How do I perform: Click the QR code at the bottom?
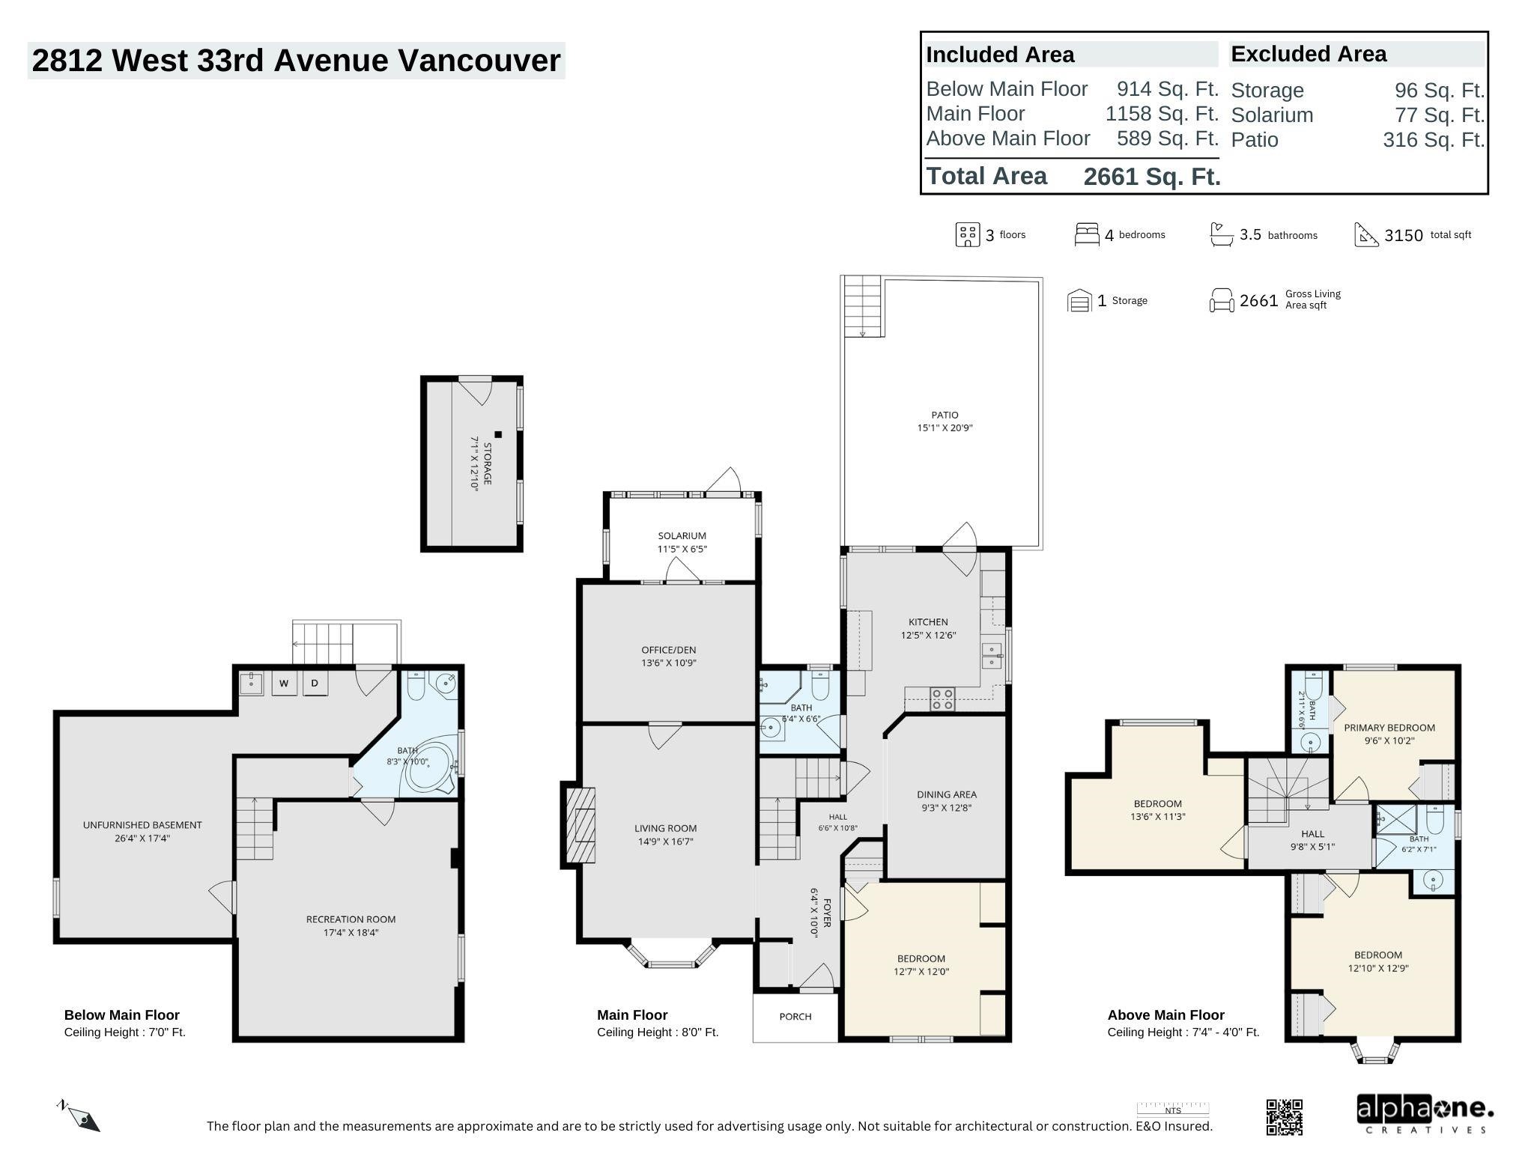[x=1284, y=1117]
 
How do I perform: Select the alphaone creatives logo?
[x=1425, y=1114]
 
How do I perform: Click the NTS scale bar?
[x=1173, y=1110]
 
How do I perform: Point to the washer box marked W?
[x=284, y=684]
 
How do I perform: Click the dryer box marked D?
[x=315, y=684]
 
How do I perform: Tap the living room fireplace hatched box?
[x=580, y=824]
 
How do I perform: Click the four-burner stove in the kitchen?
[x=942, y=699]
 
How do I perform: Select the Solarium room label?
[x=682, y=536]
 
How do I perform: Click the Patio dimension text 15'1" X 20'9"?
[x=945, y=428]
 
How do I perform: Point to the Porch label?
[x=795, y=1017]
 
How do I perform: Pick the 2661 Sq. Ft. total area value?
[x=1152, y=177]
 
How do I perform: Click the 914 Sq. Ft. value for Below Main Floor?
[x=1168, y=89]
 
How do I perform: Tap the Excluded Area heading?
[x=1309, y=54]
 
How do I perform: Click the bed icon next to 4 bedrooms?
[x=1087, y=234]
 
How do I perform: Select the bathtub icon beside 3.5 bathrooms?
[x=1222, y=234]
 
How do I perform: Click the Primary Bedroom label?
[x=1389, y=728]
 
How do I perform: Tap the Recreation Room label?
[x=351, y=919]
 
